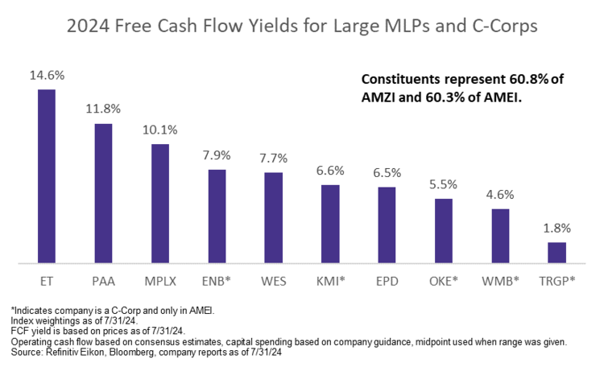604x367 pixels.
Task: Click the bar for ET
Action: tap(47, 176)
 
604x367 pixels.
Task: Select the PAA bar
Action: tap(103, 193)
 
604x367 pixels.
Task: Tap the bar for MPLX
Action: tap(160, 204)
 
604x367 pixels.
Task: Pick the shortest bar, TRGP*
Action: tap(557, 253)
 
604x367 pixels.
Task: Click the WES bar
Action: tap(274, 217)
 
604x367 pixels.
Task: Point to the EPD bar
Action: tap(387, 225)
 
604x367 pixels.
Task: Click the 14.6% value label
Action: tap(47, 76)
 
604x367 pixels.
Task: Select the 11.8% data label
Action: tap(103, 109)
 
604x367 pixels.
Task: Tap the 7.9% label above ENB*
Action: tap(217, 155)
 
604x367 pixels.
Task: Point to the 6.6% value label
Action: tap(330, 171)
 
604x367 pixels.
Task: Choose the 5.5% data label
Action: tap(444, 183)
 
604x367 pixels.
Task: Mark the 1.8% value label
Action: tap(557, 228)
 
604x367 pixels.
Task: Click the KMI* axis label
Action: tap(330, 282)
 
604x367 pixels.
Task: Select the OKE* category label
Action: tap(444, 282)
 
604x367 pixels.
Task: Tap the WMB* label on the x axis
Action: tap(500, 282)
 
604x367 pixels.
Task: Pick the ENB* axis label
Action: tap(217, 282)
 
